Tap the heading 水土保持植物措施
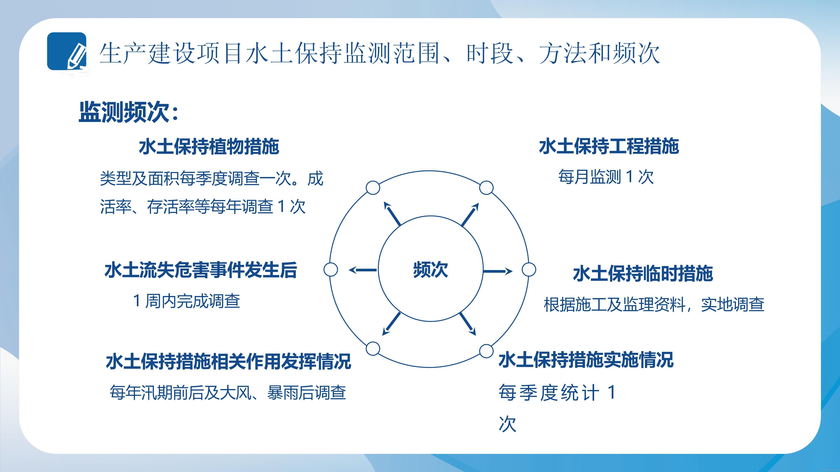pyautogui.click(x=209, y=146)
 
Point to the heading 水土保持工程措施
pyautogui.click(x=609, y=146)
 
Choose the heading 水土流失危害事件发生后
pyautogui.click(x=201, y=270)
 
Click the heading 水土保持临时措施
pyautogui.click(x=643, y=273)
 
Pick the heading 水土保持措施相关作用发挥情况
pyautogui.click(x=228, y=361)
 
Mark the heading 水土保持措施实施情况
pyautogui.click(x=586, y=360)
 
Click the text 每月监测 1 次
pyautogui.click(x=606, y=177)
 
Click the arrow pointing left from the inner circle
pyautogui.click(x=363, y=270)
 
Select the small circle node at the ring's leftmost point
pyautogui.click(x=331, y=270)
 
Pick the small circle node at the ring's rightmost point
pyautogui.click(x=529, y=270)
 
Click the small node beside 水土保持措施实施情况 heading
pyautogui.click(x=486, y=351)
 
